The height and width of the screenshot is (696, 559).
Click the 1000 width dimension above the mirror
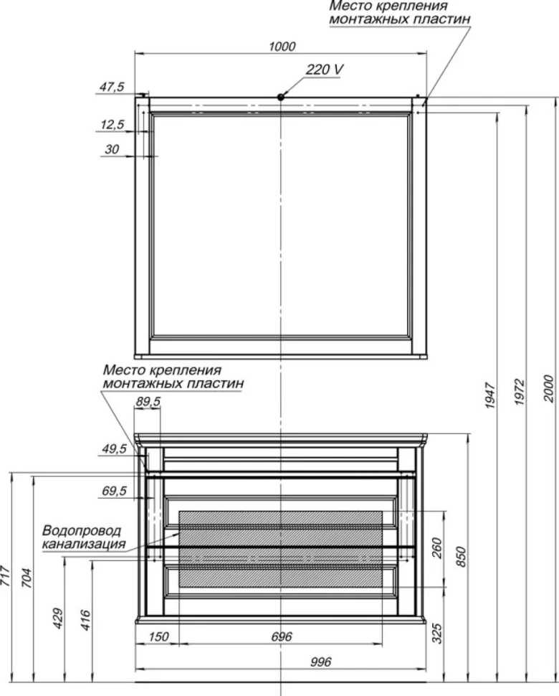(x=282, y=46)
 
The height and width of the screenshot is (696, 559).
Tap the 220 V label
(x=325, y=70)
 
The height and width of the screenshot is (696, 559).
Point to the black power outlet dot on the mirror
(x=281, y=97)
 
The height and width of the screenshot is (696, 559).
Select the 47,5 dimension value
(x=112, y=87)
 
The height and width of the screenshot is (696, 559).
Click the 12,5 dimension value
(x=113, y=124)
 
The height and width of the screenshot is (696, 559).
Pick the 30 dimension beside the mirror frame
(x=112, y=149)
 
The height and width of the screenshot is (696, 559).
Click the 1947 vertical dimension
(x=490, y=395)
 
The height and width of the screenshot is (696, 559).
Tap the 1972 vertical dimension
(x=520, y=392)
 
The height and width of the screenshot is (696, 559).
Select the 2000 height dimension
(x=549, y=389)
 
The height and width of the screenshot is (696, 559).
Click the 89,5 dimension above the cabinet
(x=148, y=401)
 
